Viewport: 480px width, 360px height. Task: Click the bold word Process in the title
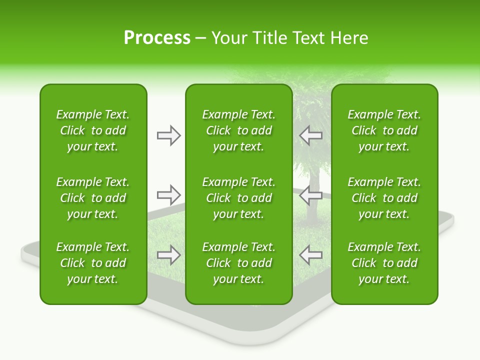click(x=157, y=38)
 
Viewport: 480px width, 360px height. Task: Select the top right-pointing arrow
click(x=169, y=135)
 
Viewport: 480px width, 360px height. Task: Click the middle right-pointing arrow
click(x=169, y=195)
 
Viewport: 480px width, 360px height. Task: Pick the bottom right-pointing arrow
click(x=169, y=255)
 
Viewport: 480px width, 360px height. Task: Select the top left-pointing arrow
click(x=310, y=135)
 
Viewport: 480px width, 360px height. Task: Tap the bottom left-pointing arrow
click(x=310, y=255)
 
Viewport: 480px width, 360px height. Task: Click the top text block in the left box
click(x=93, y=130)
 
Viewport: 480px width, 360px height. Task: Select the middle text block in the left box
click(x=93, y=198)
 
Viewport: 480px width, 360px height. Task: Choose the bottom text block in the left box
click(x=93, y=263)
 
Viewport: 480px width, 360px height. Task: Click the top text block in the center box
click(x=238, y=130)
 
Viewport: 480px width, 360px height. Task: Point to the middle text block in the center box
click(x=238, y=198)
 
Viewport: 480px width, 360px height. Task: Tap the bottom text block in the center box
click(x=238, y=263)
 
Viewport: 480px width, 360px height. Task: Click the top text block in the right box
click(x=384, y=130)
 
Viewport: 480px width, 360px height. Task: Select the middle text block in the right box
click(x=384, y=198)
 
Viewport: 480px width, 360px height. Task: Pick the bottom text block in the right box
click(x=384, y=263)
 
